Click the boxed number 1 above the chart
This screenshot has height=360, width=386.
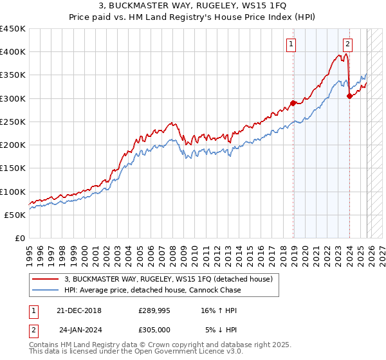[291, 44]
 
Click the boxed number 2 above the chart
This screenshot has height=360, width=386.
[347, 44]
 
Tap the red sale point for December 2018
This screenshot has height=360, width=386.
[293, 103]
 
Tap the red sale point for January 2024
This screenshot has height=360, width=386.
[349, 96]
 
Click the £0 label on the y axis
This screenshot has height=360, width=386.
[19, 238]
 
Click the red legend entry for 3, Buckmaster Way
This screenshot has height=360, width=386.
[169, 279]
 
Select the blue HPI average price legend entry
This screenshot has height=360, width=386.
[152, 290]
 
